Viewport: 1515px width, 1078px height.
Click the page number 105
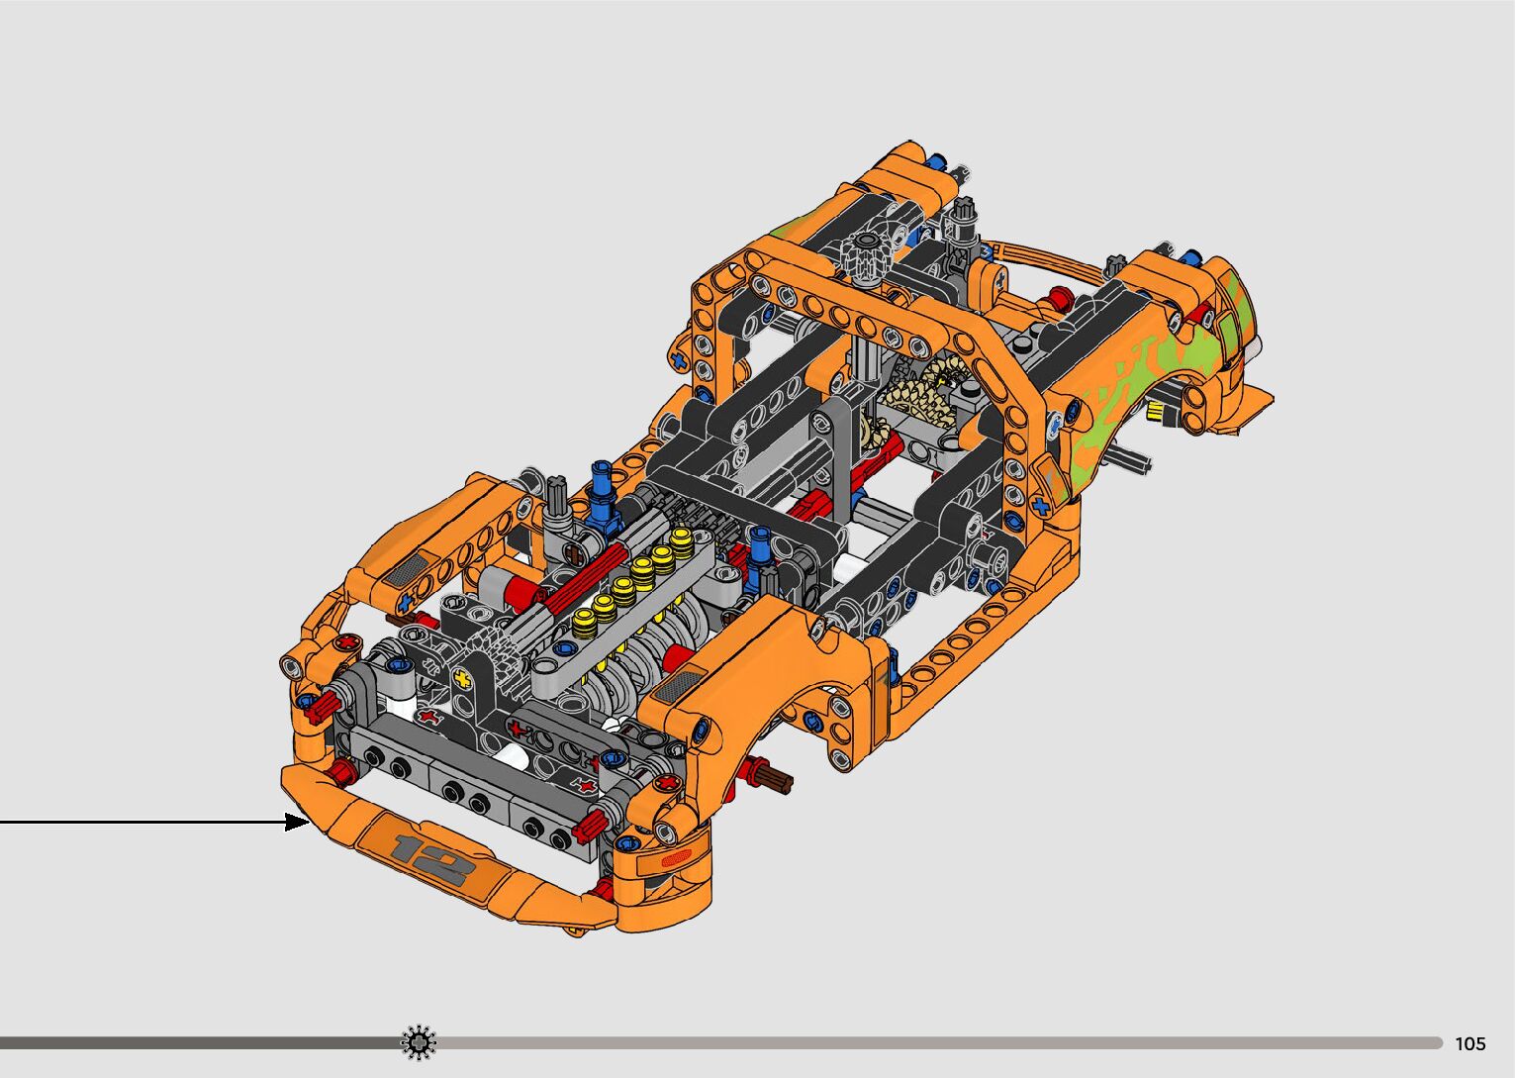coord(1470,1043)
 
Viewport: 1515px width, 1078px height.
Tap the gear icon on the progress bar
coord(418,1042)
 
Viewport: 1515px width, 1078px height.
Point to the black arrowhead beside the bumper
coord(297,823)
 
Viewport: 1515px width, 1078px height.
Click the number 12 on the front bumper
coord(430,859)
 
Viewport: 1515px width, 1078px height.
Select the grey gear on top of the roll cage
coord(867,257)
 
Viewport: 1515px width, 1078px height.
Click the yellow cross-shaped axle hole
coord(463,679)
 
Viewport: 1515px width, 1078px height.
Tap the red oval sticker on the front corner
coord(675,859)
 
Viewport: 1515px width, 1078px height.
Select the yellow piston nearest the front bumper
coord(584,624)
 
